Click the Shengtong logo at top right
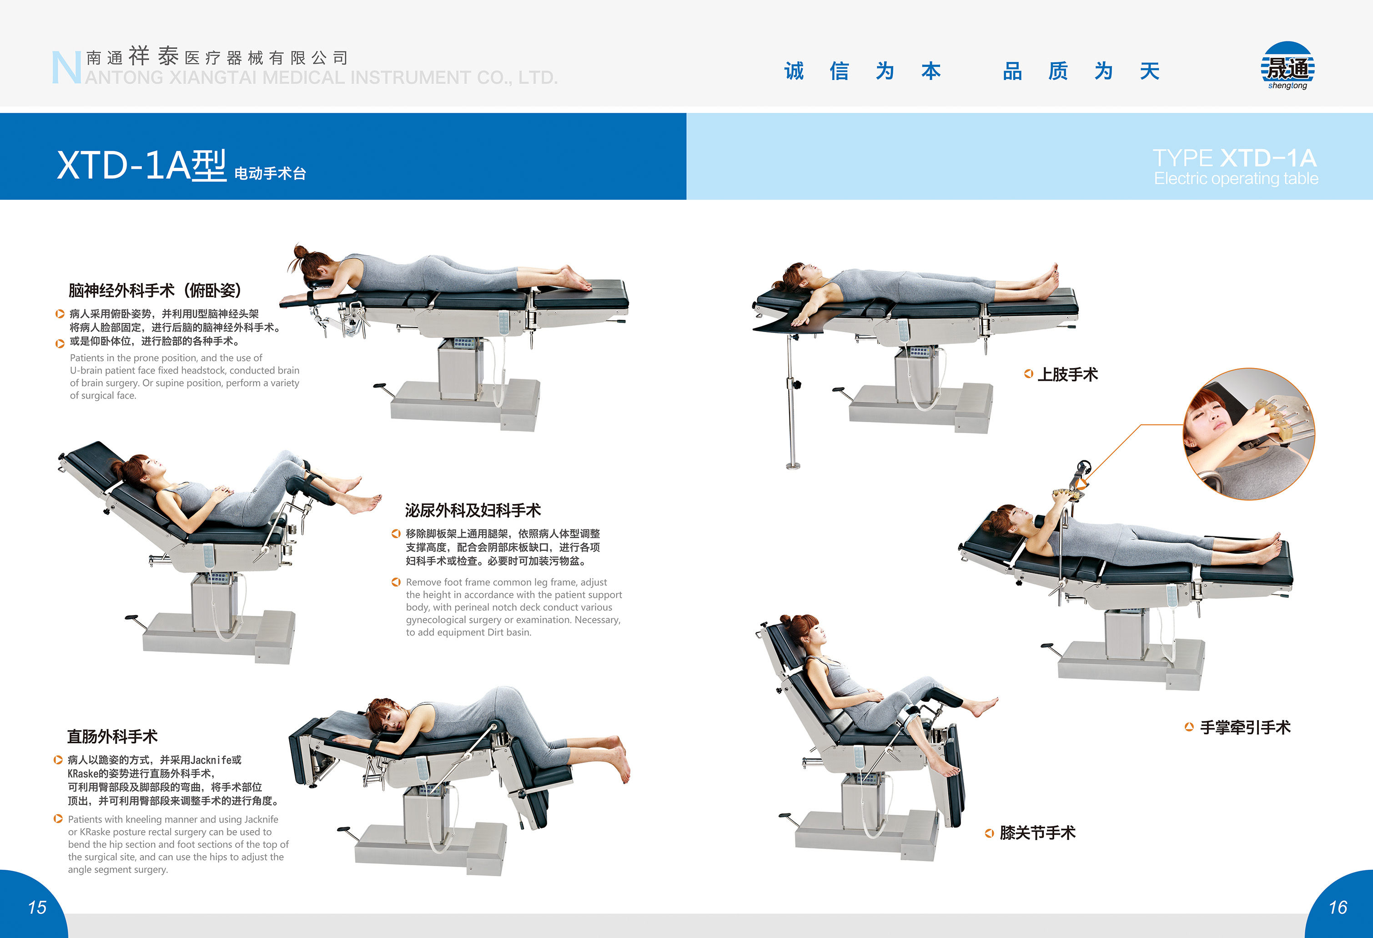click(1288, 65)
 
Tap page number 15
click(37, 907)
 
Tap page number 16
click(1338, 907)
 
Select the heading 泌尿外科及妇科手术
click(473, 510)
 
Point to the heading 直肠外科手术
click(112, 736)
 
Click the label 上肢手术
click(1067, 374)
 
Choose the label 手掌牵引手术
click(1245, 727)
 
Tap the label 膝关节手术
click(1037, 833)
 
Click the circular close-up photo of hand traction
click(1248, 434)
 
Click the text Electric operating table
click(1236, 178)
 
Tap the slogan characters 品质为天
click(1081, 71)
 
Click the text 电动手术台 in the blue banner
click(270, 173)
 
